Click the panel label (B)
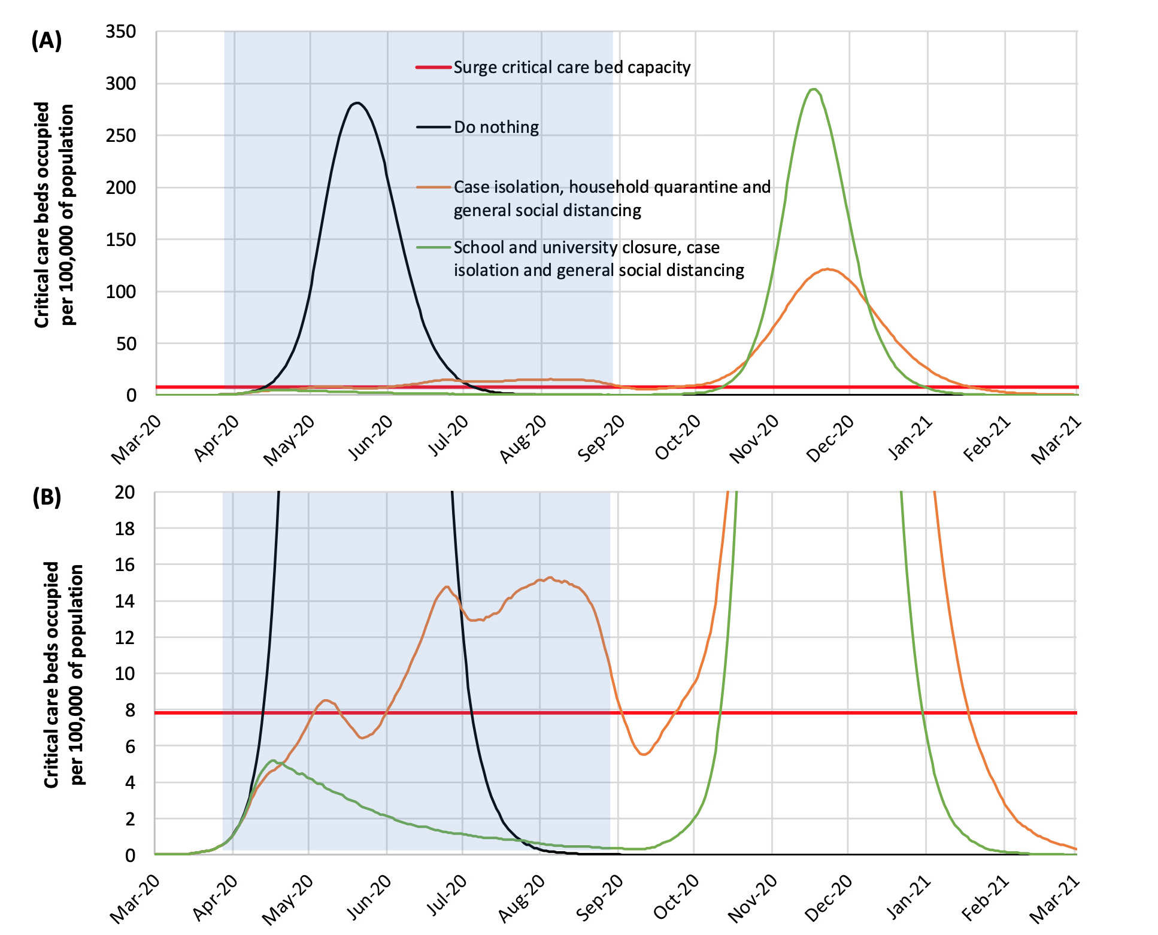click(46, 497)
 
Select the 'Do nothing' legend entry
click(496, 127)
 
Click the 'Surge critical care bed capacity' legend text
click(572, 67)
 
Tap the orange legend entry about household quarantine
click(611, 198)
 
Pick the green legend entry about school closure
click(598, 259)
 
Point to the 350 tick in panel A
click(121, 31)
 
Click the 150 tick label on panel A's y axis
click(121, 239)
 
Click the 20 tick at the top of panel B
click(125, 492)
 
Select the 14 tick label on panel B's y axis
click(125, 601)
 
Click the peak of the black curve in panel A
click(357, 103)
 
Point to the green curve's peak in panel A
click(814, 89)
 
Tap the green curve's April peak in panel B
click(273, 761)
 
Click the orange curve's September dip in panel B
click(643, 754)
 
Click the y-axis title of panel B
click(63, 674)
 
